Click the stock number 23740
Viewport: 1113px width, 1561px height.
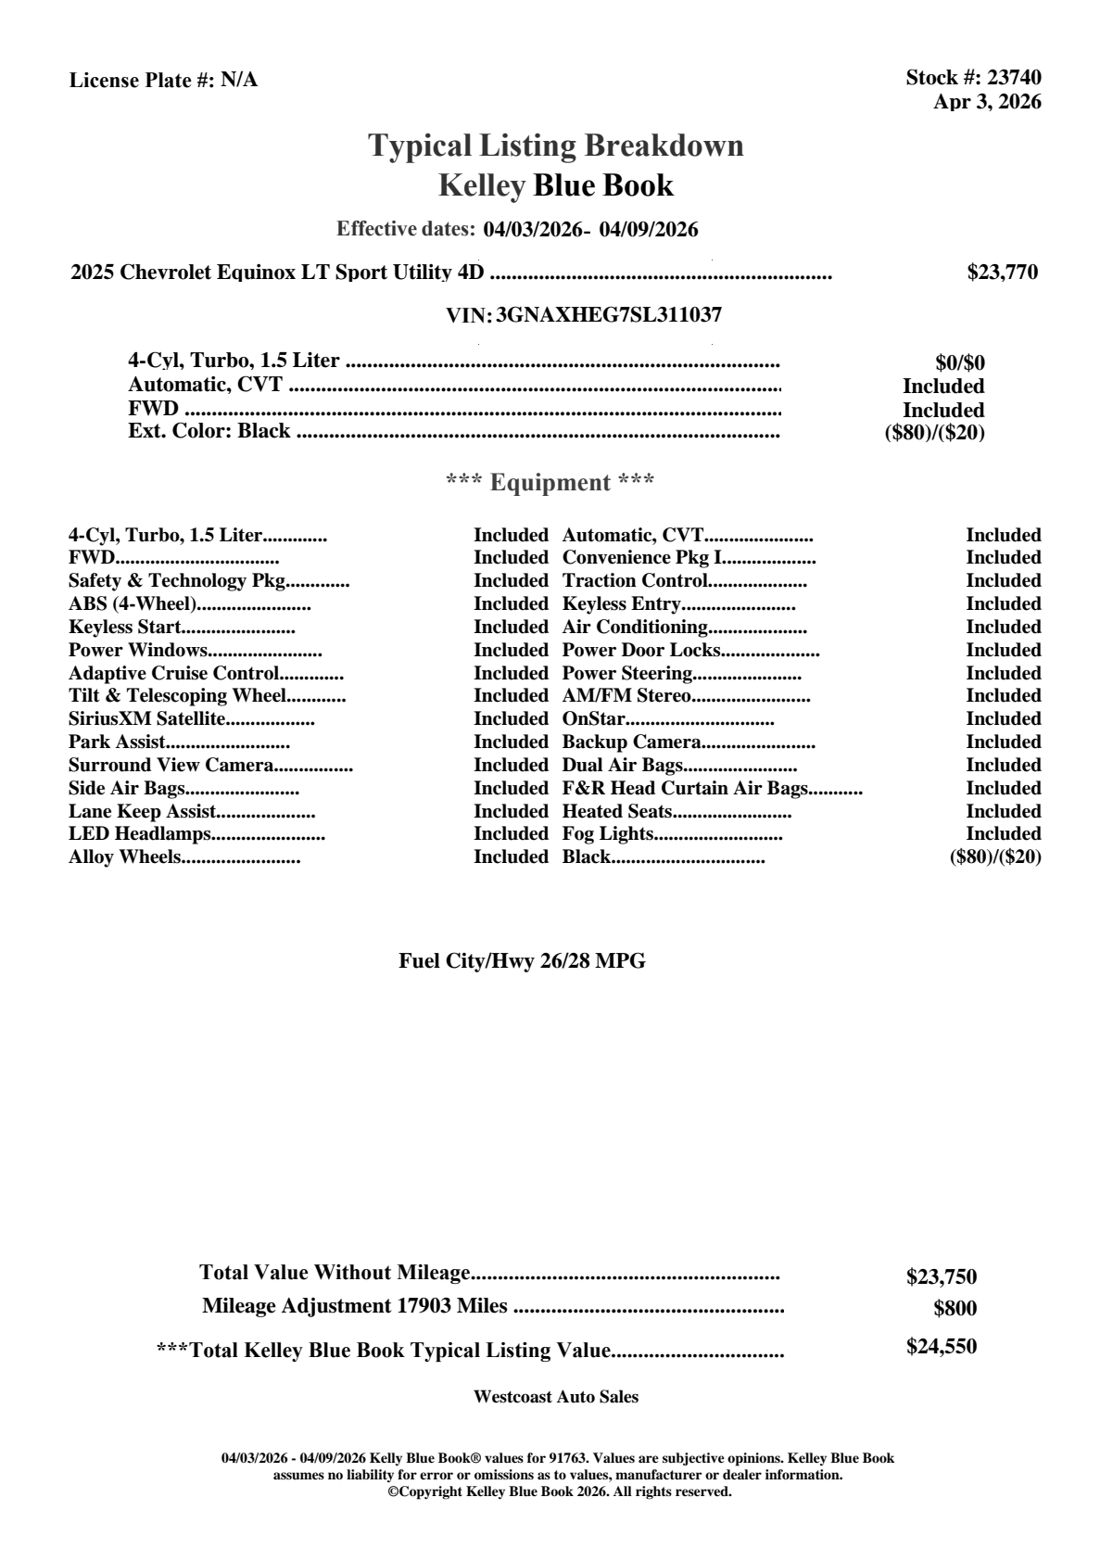tap(1015, 78)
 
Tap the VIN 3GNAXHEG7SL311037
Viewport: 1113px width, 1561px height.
tap(609, 315)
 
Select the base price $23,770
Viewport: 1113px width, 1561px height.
tap(1002, 273)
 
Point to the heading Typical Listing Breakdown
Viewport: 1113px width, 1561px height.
tap(556, 146)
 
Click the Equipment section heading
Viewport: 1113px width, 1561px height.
tap(550, 483)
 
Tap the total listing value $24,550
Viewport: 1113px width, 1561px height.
tap(941, 1347)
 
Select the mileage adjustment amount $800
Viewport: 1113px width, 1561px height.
tap(955, 1309)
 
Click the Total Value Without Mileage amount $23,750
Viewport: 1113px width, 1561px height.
tap(941, 1277)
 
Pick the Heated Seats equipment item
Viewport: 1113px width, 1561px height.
tap(617, 812)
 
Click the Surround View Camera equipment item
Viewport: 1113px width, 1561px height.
tap(171, 766)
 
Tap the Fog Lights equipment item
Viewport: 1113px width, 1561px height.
tap(608, 834)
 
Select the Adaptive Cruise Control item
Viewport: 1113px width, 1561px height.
tap(174, 674)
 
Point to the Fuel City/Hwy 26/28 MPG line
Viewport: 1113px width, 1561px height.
tap(522, 961)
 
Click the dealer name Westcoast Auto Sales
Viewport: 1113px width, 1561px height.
tap(555, 1397)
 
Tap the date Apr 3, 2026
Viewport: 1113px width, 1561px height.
tap(986, 102)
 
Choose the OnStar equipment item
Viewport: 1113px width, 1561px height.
tap(593, 719)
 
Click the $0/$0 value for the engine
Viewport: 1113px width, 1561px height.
tap(959, 363)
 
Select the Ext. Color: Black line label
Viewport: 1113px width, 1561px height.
tap(209, 431)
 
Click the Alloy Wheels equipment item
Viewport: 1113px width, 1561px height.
tap(124, 857)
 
